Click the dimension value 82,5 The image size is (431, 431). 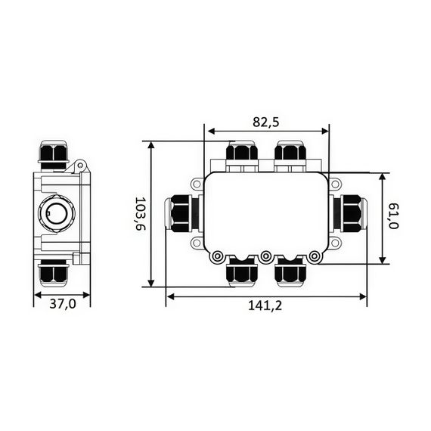(267, 121)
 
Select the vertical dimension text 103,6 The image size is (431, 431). (139, 215)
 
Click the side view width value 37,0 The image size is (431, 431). (62, 305)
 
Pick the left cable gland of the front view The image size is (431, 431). (183, 213)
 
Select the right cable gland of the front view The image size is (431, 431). (349, 213)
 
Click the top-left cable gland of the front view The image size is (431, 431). (243, 154)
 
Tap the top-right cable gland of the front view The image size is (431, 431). (290, 154)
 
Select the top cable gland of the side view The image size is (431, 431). (53, 154)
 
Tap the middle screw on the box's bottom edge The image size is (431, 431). (266, 257)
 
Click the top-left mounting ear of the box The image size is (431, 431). (197, 183)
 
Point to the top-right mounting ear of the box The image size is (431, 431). (336, 183)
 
